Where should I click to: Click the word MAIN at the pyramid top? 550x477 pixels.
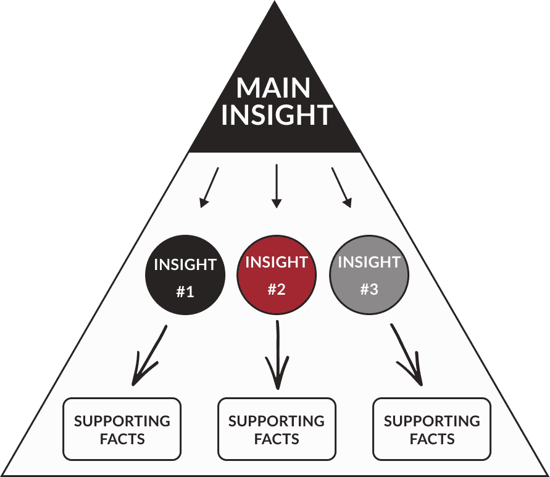point(273,88)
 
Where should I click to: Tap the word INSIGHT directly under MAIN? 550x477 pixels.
point(277,116)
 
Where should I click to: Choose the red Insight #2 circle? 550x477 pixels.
point(277,276)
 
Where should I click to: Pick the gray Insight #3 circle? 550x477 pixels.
point(369,276)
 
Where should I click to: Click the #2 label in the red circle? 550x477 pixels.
point(277,290)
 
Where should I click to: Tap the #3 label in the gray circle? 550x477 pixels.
point(369,290)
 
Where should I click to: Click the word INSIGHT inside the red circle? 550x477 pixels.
point(277,262)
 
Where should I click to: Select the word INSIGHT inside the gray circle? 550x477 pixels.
point(369,262)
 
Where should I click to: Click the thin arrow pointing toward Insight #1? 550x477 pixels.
point(209,187)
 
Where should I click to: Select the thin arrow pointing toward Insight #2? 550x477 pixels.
point(277,185)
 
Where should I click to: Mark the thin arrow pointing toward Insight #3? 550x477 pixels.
point(342,187)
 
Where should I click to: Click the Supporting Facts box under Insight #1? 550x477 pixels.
point(122,429)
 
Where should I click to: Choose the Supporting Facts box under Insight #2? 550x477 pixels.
point(277,429)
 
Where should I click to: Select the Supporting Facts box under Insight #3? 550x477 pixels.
point(431,429)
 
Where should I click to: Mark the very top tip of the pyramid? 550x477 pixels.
point(275,4)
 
